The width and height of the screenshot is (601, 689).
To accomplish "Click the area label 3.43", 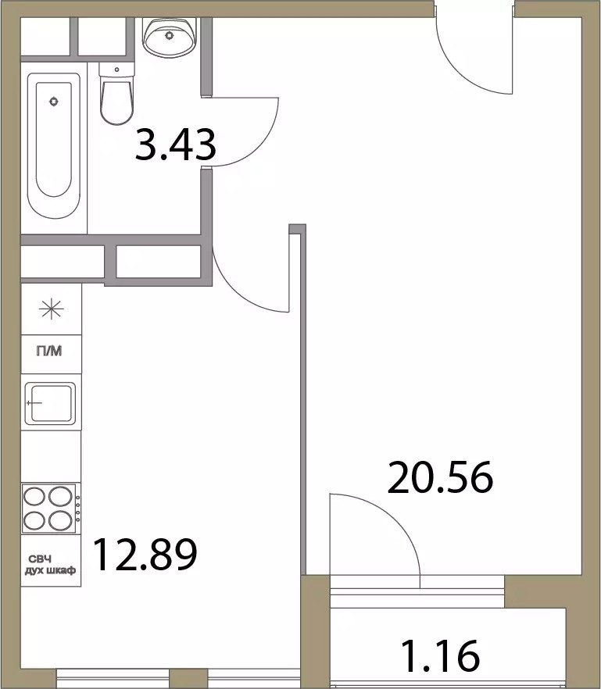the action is coord(175,144).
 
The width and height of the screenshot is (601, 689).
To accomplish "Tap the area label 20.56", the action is coord(440,477).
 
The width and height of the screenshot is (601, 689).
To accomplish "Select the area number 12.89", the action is coord(145,555).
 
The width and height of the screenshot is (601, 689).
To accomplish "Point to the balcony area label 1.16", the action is coord(441,656).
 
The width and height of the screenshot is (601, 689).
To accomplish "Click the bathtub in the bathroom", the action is coord(54,145).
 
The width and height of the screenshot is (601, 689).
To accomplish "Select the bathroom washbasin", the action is coord(170,37).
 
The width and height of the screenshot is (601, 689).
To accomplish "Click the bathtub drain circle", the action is coord(54,102).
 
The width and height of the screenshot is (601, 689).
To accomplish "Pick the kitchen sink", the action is coord(50,403).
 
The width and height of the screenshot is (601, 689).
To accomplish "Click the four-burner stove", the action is coord(51,509).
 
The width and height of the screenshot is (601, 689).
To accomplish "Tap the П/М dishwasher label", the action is coord(48,351).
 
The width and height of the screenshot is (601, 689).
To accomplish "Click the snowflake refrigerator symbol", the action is coord(51,309).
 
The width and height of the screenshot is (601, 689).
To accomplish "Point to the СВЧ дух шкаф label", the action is coord(50,565).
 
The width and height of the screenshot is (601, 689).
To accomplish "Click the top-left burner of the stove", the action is coord(34,497).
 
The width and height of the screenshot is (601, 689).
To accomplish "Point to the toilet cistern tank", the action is coord(116,70).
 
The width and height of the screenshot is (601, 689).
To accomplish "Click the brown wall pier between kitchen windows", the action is coord(188,678).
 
